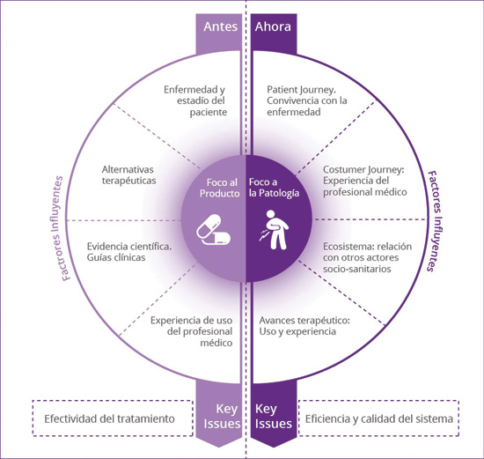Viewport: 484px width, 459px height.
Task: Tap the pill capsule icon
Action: [x=213, y=230]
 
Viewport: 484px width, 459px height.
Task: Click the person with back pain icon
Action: [x=275, y=230]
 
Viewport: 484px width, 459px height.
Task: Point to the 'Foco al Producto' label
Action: [x=220, y=188]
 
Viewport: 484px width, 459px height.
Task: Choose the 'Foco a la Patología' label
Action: [x=274, y=188]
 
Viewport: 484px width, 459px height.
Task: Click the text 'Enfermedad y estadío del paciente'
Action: [x=195, y=100]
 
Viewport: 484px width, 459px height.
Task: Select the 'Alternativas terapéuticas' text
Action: [x=129, y=175]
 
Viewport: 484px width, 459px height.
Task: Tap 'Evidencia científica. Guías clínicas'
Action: [x=129, y=252]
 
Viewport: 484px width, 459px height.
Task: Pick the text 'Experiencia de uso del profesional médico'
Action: [x=191, y=331]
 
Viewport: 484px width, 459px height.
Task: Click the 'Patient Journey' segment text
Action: [x=307, y=100]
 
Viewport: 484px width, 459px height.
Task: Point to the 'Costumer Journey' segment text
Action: [x=365, y=181]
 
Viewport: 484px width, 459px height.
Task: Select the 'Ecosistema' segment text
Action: [x=367, y=257]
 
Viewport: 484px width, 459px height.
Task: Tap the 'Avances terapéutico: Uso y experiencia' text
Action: [x=304, y=326]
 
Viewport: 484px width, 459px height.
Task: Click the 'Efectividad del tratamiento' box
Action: [x=113, y=418]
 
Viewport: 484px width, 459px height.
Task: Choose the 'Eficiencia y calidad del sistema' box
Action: [x=378, y=418]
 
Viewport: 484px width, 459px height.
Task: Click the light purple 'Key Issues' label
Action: [x=223, y=416]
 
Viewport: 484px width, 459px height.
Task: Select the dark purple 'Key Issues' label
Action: [x=273, y=416]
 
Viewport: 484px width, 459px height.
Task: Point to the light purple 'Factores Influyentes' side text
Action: [x=59, y=228]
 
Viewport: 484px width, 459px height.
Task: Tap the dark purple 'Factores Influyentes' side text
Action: [x=436, y=221]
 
